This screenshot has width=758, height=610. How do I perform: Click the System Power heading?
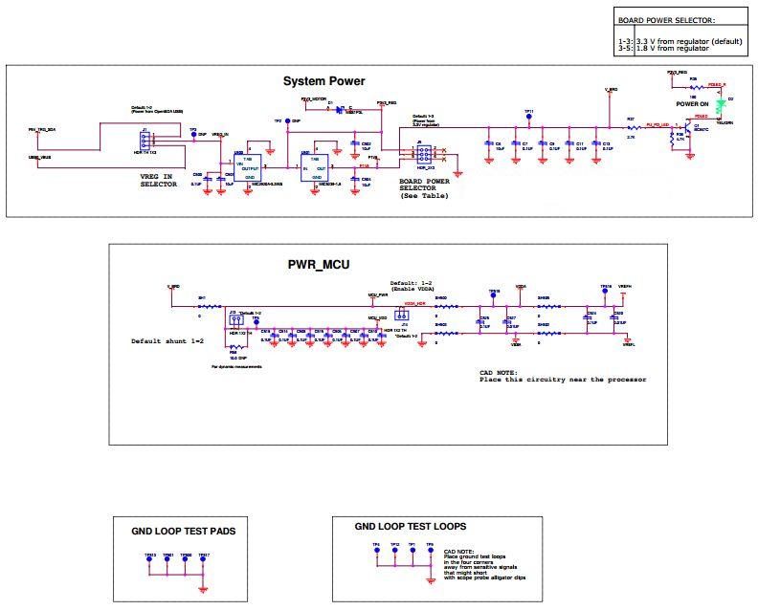coord(323,81)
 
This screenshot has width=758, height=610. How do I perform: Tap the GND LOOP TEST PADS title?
coord(183,530)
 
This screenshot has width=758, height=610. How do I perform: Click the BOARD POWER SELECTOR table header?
coord(666,19)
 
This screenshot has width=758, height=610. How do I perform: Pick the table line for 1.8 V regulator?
coord(670,48)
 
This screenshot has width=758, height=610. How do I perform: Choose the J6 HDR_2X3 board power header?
coord(423,156)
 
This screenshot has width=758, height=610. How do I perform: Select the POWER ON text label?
coord(691,102)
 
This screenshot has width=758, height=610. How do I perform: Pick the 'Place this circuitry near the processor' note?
coord(563,380)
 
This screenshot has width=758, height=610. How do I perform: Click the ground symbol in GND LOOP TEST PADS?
coord(204,585)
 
